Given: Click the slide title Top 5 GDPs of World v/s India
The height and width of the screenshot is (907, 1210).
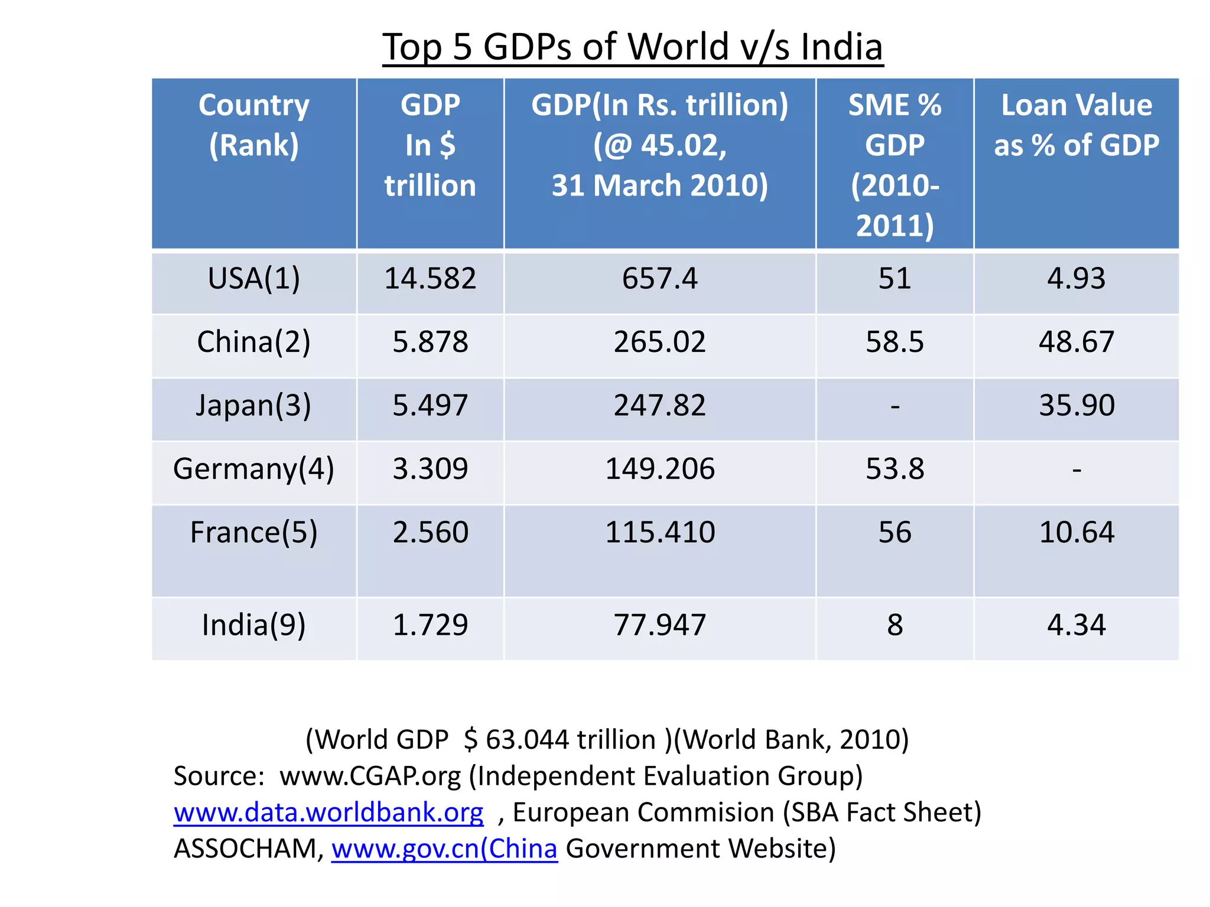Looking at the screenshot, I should [x=632, y=47].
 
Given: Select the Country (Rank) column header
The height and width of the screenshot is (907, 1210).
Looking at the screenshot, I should [x=253, y=125].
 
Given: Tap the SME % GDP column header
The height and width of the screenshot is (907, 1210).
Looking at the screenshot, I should [x=895, y=165].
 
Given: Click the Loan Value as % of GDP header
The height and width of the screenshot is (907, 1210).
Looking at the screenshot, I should [x=1076, y=125].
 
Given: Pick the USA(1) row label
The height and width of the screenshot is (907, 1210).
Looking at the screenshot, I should [x=253, y=278].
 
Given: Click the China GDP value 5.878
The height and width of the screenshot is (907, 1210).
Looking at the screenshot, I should [x=430, y=342].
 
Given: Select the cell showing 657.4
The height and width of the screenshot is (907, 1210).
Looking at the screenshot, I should [x=659, y=278].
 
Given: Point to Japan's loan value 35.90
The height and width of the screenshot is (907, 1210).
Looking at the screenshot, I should [x=1076, y=405].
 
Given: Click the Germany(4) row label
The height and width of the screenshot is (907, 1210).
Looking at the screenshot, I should [x=253, y=469].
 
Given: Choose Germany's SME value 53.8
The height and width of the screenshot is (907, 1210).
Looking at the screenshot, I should [x=895, y=469].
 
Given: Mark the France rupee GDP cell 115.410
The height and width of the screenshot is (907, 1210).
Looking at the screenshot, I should [x=659, y=532].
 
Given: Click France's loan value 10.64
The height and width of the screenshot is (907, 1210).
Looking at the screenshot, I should [x=1076, y=532].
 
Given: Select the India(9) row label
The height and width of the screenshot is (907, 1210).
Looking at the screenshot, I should [x=253, y=625].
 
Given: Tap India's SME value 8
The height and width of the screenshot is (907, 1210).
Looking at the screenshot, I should [x=895, y=625].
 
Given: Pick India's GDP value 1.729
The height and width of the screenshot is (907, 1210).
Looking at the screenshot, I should [x=430, y=625].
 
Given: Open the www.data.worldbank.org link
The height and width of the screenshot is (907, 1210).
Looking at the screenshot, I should [x=328, y=813].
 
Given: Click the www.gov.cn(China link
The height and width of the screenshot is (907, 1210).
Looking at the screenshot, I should [x=444, y=849].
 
